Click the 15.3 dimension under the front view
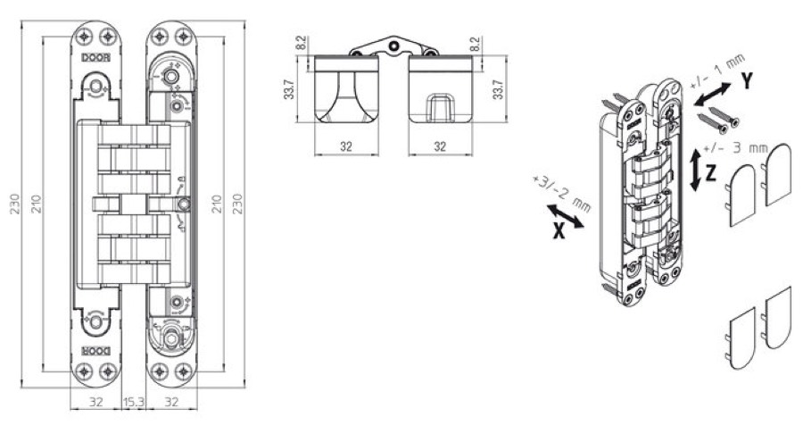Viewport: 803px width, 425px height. pyautogui.click(x=134, y=403)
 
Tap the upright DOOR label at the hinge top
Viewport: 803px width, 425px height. pyautogui.click(x=95, y=58)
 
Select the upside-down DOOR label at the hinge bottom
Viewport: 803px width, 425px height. pyautogui.click(x=95, y=351)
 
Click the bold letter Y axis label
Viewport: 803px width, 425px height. pyautogui.click(x=747, y=81)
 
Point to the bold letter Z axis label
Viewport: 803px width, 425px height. pyautogui.click(x=710, y=173)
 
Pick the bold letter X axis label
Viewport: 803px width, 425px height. pyautogui.click(x=559, y=232)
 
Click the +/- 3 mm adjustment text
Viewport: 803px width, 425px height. pyautogui.click(x=736, y=147)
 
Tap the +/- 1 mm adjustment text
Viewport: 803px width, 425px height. pyautogui.click(x=717, y=71)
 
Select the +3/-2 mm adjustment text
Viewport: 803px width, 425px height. pyautogui.click(x=561, y=193)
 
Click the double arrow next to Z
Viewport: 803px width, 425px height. pyautogui.click(x=695, y=171)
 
